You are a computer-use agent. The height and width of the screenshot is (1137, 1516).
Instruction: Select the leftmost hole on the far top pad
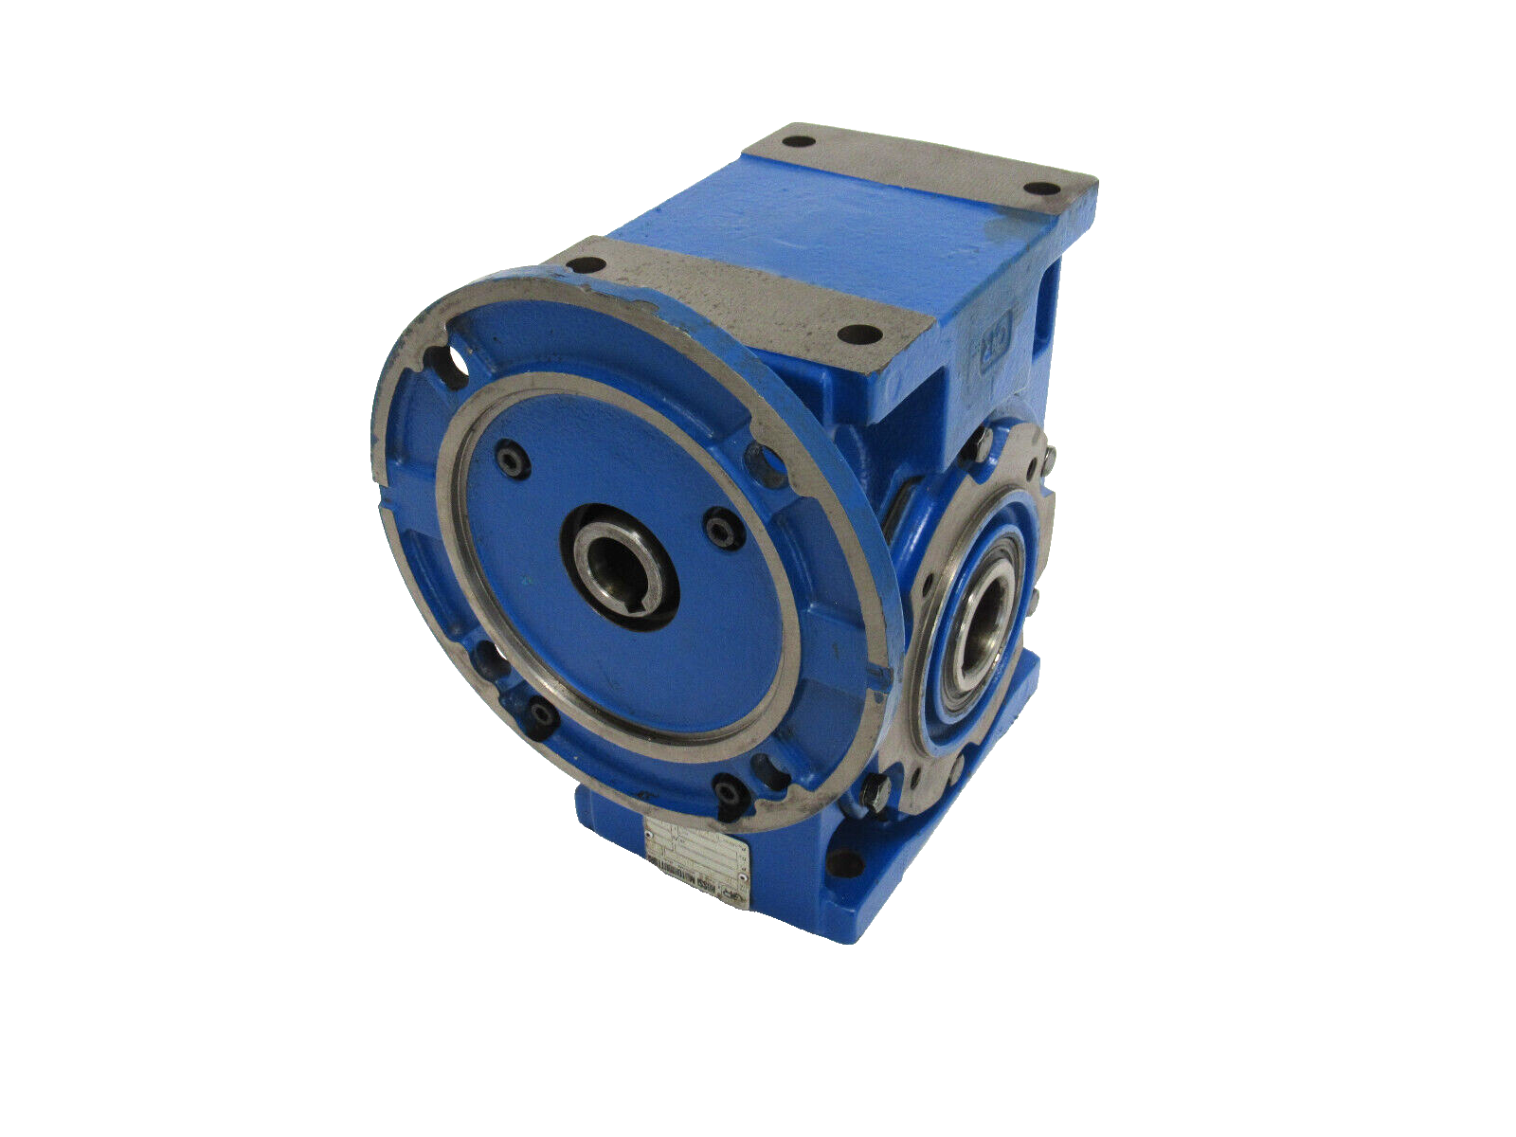[798, 142]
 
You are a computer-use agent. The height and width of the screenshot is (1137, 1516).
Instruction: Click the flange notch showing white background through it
[452, 363]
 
